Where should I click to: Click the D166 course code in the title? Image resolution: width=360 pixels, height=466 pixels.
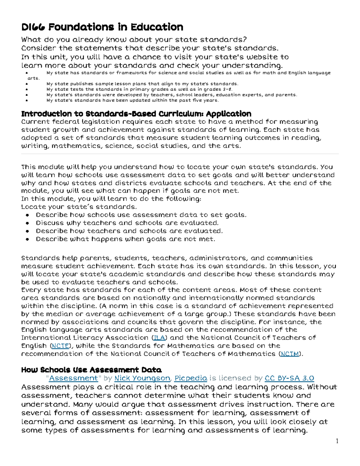pyautogui.click(x=33, y=27)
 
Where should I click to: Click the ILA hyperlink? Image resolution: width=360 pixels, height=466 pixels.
pyautogui.click(x=159, y=338)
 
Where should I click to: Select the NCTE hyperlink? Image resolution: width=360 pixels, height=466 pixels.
pyautogui.click(x=60, y=346)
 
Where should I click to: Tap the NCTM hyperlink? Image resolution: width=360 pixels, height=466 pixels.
pyautogui.click(x=290, y=354)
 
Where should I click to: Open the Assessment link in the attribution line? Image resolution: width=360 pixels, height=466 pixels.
pyautogui.click(x=73, y=378)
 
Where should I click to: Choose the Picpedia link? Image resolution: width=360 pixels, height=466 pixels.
pyautogui.click(x=191, y=378)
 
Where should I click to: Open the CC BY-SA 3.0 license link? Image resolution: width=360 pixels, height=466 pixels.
pyautogui.click(x=289, y=378)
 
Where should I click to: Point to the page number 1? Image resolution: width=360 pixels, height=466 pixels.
pyautogui.click(x=337, y=441)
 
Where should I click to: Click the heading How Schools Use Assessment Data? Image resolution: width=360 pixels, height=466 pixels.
pyautogui.click(x=91, y=370)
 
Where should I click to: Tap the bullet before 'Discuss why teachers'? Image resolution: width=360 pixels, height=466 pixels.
pyautogui.click(x=27, y=223)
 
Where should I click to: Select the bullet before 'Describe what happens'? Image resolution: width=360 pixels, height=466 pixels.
pyautogui.click(x=27, y=239)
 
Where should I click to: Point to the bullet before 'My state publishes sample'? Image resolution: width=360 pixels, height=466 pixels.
pyautogui.click(x=27, y=84)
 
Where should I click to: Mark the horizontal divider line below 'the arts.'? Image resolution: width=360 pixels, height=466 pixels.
pyautogui.click(x=180, y=154)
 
